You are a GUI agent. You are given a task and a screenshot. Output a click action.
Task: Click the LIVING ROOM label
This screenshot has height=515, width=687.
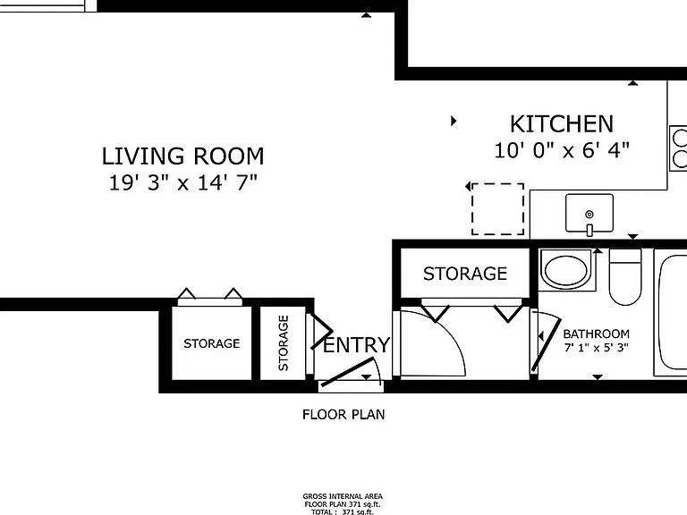183,156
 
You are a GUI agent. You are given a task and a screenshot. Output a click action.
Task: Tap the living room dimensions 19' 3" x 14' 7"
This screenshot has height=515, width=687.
182,182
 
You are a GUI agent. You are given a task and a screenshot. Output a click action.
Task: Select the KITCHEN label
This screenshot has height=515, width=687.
562,124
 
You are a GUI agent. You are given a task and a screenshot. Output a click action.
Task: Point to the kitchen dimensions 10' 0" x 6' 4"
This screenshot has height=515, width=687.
562,150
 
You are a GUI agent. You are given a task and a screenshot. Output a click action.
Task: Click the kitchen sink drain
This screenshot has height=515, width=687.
589,215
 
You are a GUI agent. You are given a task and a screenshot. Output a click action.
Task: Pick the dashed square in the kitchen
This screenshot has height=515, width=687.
497,209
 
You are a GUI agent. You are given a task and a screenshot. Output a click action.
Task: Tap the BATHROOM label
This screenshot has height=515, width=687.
597,334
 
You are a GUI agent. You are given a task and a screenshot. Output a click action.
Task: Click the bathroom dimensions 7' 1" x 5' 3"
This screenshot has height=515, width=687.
597,348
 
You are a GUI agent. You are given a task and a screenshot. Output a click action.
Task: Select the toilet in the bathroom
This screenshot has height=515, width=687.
625,277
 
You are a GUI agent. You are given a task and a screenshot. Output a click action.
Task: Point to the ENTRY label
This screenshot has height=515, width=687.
356,344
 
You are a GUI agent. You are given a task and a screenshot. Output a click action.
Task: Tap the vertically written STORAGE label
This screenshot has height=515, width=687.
283,343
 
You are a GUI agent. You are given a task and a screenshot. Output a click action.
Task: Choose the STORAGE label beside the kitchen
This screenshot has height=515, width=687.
465,274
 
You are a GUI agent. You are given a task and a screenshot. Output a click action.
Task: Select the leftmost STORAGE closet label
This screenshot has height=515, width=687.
212,343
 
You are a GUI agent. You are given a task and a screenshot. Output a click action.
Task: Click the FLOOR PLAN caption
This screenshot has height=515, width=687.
343,414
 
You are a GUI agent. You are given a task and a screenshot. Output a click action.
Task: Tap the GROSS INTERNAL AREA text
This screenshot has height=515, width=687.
343,496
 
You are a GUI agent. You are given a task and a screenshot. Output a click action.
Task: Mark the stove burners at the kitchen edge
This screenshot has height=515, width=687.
680,148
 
